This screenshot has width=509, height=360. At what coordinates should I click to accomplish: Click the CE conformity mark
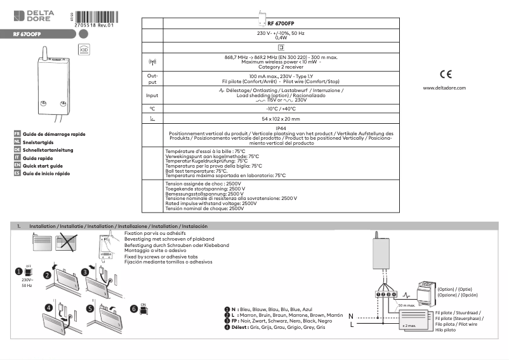[445, 73]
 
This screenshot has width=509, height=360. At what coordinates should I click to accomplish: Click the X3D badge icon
[83, 49]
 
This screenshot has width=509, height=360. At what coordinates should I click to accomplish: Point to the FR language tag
[17, 135]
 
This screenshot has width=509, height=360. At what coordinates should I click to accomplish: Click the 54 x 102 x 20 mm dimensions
[281, 119]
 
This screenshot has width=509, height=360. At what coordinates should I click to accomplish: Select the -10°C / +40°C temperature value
[281, 109]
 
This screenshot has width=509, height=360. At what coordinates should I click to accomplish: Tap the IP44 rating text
[281, 128]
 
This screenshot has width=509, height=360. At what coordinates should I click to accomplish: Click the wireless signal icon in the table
[152, 62]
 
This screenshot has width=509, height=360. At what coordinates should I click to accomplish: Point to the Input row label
[152, 97]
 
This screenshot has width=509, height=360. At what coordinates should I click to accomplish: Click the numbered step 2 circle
[47, 276]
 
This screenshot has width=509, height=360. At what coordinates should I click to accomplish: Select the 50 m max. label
[407, 305]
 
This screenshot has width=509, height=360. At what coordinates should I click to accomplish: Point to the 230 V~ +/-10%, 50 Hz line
[281, 32]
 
